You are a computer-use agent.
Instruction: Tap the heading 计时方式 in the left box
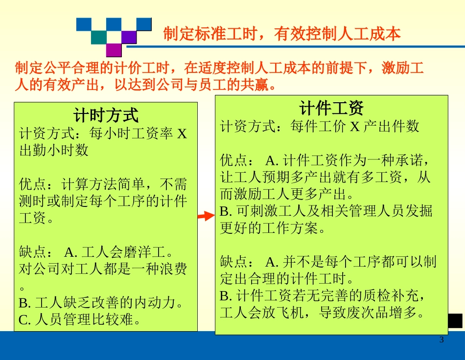point(106,115)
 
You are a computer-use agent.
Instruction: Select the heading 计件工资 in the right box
point(331,108)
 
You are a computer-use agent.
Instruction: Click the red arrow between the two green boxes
point(206,216)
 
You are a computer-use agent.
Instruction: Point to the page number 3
point(442,340)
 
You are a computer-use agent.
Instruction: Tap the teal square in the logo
point(98,37)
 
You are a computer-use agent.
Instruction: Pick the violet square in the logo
point(129,37)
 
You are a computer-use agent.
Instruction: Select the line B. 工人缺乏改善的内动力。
point(101,303)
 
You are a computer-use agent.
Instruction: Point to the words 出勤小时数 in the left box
point(54,150)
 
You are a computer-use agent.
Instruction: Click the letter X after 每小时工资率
point(182,134)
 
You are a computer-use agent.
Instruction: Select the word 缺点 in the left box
point(33,252)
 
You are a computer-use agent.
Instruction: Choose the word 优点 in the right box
point(234,160)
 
